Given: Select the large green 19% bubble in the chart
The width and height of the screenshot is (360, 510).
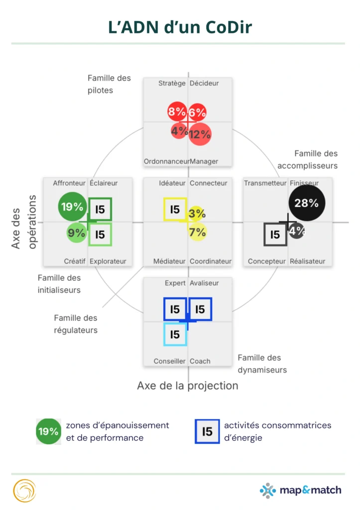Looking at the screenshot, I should click(x=72, y=207).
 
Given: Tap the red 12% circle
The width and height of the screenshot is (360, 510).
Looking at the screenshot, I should click(x=200, y=134).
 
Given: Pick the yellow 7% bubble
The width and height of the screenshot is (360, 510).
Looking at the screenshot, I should click(x=198, y=232).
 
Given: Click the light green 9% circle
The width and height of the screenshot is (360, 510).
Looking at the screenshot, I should click(x=77, y=232).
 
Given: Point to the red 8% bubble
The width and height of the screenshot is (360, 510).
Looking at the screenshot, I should click(x=177, y=112).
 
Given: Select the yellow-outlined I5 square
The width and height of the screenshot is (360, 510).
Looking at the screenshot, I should click(x=175, y=210).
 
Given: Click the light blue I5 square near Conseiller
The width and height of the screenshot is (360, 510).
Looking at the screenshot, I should click(x=175, y=334).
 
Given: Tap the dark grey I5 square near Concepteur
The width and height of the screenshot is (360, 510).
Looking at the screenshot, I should click(x=275, y=234).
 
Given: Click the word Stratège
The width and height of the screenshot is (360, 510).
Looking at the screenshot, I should click(x=172, y=83).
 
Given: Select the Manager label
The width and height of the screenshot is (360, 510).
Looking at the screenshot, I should click(x=204, y=161).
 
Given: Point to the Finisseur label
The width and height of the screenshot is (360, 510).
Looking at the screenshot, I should click(x=304, y=183).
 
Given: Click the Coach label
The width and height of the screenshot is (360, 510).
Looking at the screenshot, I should click(x=200, y=361).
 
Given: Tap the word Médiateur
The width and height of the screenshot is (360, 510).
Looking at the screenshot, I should click(x=169, y=261).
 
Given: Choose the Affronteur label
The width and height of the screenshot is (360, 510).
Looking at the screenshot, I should click(x=69, y=183).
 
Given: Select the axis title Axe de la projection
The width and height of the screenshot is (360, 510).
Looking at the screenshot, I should click(x=187, y=385).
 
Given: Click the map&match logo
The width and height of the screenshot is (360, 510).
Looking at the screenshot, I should click(x=301, y=490).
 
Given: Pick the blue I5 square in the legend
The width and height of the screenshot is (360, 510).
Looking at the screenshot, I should click(x=207, y=431).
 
